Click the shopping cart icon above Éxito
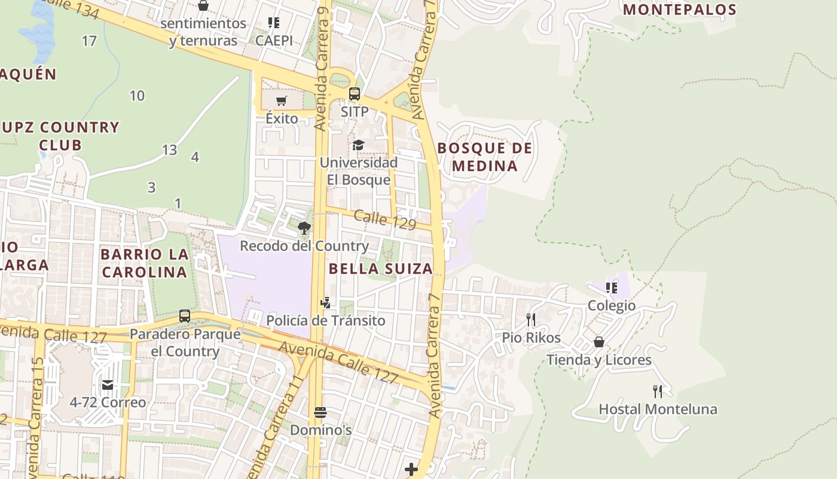(282, 101)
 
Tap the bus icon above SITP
(355, 94)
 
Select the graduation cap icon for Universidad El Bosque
(358, 145)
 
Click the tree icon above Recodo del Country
(304, 228)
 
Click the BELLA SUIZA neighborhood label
(381, 269)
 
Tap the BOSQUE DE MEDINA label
(485, 157)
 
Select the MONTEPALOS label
(680, 10)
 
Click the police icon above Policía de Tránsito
(326, 303)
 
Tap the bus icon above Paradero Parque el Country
(185, 316)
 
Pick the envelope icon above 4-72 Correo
(108, 384)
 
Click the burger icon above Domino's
(320, 413)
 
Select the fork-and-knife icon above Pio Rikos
(531, 320)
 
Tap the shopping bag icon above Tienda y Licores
(599, 342)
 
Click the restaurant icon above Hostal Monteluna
(658, 392)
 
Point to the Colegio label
(612, 306)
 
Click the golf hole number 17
(89, 41)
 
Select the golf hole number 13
(170, 150)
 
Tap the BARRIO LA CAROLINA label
(145, 263)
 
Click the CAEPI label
(274, 41)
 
